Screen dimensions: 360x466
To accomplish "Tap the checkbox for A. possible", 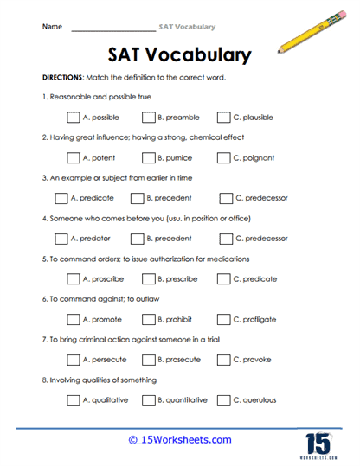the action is [x=73, y=117].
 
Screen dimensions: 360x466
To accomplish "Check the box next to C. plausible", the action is [x=223, y=117].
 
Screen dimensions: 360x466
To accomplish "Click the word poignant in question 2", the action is [x=262, y=158].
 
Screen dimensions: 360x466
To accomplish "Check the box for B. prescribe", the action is [x=148, y=278].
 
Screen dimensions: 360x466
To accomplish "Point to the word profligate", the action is [x=262, y=320].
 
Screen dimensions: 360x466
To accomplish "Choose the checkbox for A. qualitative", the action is [x=73, y=399].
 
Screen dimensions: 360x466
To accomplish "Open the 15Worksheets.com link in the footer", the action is [x=179, y=439].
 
